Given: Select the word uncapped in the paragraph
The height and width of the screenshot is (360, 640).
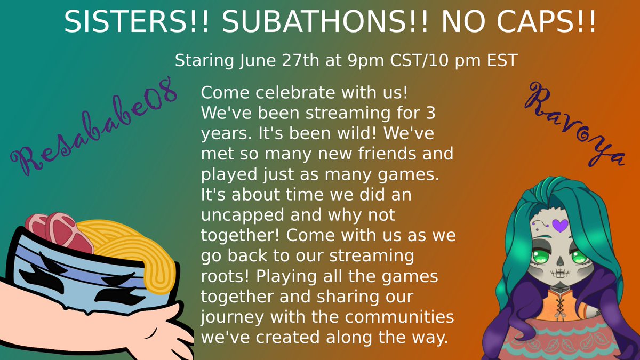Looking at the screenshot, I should pyautogui.click(x=236, y=216).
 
